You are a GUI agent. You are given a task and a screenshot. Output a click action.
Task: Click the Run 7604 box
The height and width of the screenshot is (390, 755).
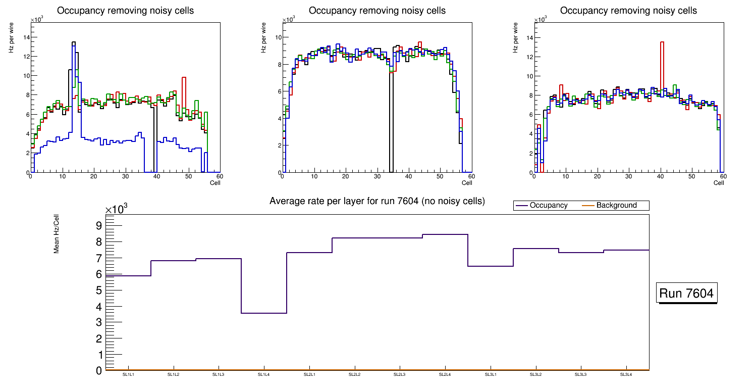point(687,293)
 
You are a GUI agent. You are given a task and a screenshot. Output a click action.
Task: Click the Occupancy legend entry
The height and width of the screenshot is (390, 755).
point(549,206)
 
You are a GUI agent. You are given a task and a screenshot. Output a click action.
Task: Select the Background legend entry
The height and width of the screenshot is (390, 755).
point(616,206)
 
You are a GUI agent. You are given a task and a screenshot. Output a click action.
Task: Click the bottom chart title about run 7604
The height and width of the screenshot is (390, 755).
point(377,201)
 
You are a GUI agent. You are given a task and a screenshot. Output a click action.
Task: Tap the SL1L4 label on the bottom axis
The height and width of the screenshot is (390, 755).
point(264,374)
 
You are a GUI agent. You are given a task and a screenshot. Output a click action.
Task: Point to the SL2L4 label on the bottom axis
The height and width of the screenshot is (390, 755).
point(445,374)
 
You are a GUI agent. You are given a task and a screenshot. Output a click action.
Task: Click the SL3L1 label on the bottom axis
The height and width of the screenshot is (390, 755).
point(490,374)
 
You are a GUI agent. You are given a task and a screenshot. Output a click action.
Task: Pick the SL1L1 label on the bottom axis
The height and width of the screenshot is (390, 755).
point(128,374)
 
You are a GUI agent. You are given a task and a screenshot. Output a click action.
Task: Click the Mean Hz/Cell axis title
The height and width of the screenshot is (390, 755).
point(57,233)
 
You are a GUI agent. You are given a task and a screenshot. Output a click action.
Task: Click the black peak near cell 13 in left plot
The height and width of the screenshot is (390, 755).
point(74,42)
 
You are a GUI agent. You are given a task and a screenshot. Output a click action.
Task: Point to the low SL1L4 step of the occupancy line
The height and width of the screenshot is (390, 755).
point(264,313)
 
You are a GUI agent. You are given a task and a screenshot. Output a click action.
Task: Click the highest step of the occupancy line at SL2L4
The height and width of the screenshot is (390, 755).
point(445,234)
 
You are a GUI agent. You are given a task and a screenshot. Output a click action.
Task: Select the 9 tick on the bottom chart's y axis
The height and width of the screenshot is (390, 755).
point(98,225)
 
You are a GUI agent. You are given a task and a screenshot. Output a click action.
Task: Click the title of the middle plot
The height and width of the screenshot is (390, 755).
point(377,11)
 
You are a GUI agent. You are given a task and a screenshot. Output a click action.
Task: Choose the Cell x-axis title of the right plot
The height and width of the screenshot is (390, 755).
point(719,183)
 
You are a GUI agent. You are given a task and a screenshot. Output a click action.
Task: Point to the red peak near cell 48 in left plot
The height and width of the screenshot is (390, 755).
point(184,78)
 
